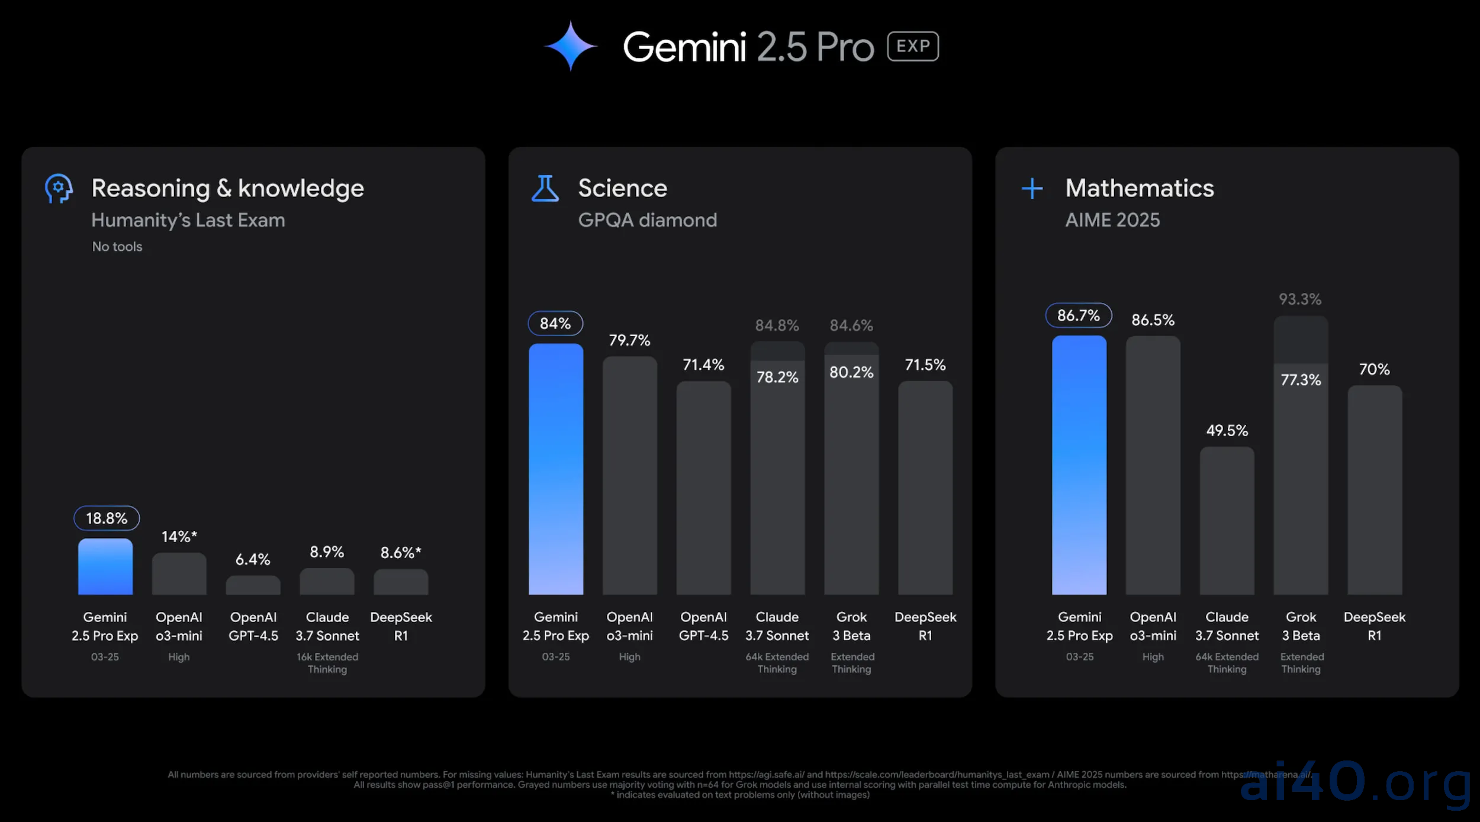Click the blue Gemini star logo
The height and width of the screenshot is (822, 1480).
tap(571, 46)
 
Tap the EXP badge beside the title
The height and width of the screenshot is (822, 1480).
tap(912, 46)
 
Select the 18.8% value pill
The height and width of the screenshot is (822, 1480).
tap(107, 518)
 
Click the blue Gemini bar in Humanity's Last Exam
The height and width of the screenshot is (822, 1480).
tap(105, 566)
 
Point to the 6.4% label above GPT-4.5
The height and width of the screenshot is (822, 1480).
tap(253, 559)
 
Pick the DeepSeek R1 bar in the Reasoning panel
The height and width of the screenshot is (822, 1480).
tap(401, 582)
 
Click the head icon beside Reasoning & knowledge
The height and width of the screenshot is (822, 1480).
tap(59, 189)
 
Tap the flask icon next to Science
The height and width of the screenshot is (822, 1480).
tap(545, 189)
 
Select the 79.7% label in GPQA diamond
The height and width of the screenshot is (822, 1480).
tap(629, 340)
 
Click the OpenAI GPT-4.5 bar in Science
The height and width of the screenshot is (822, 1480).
tap(703, 488)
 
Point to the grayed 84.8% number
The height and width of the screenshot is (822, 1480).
tap(777, 325)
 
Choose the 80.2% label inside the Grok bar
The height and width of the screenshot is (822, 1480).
tap(851, 372)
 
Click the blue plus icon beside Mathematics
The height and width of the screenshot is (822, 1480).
tap(1032, 189)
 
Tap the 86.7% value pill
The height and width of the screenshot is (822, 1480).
tap(1079, 315)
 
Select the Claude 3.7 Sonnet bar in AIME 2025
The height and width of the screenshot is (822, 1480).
tap(1227, 521)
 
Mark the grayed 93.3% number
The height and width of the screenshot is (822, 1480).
tap(1300, 299)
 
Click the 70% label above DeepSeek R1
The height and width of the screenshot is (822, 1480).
tap(1374, 369)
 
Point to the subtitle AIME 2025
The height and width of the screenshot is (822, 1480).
tap(1112, 220)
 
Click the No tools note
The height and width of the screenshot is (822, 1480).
tap(117, 247)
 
